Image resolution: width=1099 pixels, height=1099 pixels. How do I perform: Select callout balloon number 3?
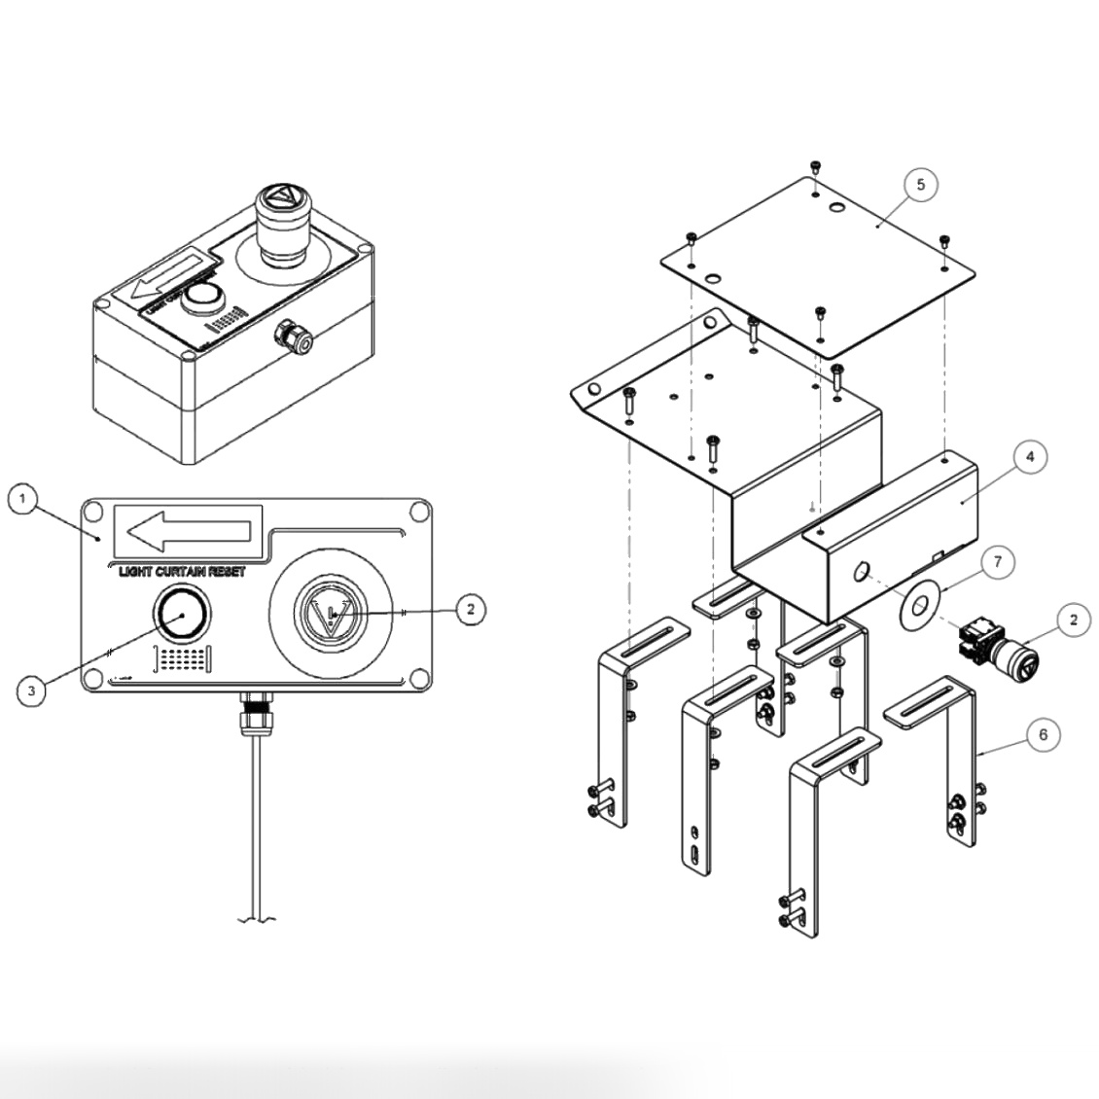[32, 691]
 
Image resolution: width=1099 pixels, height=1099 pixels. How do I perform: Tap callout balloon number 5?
[920, 184]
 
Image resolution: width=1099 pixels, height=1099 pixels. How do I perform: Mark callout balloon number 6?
[1044, 734]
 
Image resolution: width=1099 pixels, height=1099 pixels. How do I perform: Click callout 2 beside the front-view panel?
[470, 609]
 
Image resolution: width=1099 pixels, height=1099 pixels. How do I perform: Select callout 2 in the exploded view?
[1073, 620]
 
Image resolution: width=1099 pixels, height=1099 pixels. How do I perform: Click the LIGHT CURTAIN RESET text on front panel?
[182, 572]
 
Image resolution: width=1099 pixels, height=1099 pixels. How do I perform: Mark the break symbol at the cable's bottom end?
[256, 919]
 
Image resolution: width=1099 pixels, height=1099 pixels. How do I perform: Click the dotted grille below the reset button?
[183, 659]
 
